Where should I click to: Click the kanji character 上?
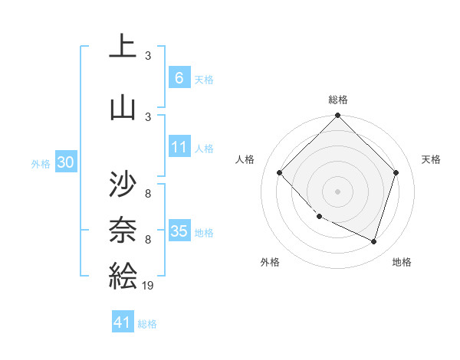pos(122,47)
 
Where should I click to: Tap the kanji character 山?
pos(122,106)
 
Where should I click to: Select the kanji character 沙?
pos(122,185)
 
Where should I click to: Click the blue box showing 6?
pos(179,78)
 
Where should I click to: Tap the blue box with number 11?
pos(179,148)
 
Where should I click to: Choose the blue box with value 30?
pos(66,162)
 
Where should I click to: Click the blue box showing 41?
pos(123,323)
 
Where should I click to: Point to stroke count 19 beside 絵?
pos(148,285)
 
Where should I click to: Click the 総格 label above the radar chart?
pos(338,100)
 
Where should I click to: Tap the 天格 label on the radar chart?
pos(431,159)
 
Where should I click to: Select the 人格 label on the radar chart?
pos(245,159)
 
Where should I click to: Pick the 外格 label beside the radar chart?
pos(270,262)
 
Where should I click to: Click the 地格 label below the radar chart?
pos(402,262)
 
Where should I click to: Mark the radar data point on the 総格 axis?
pos(337,116)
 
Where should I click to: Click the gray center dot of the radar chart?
pos(337,191)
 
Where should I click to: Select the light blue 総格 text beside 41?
pos(147,324)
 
